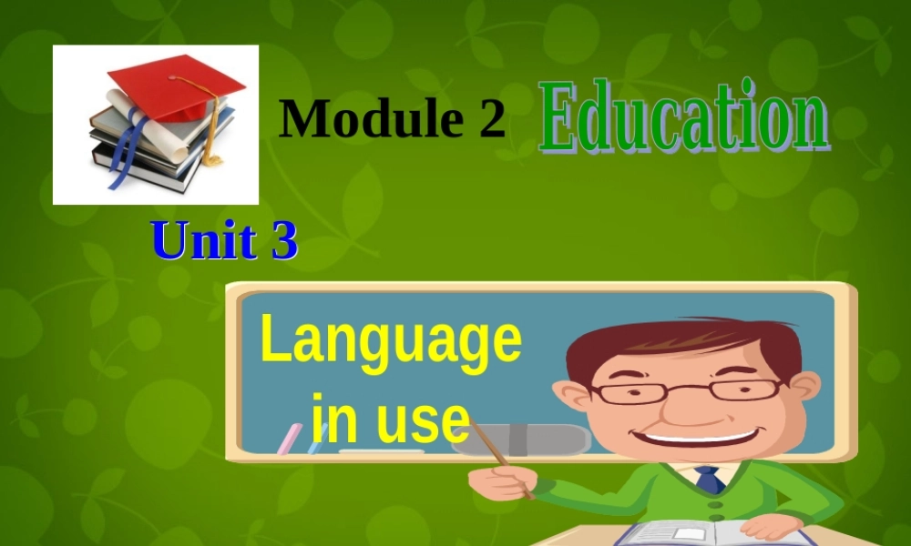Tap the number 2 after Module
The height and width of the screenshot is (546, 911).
[x=490, y=118]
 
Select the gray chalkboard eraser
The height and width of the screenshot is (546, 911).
[x=547, y=439]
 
